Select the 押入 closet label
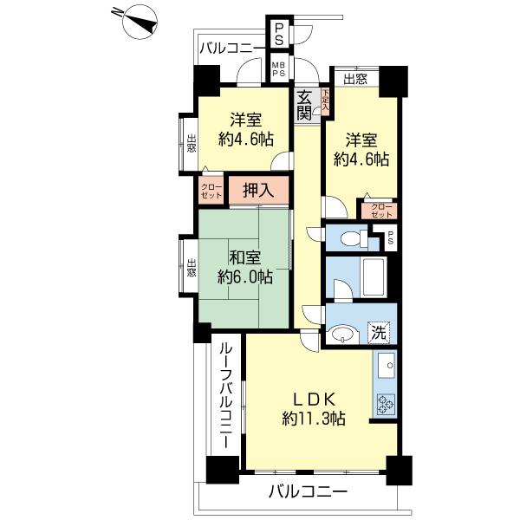(257, 191)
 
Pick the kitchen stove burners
(384, 403)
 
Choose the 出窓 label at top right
(354, 80)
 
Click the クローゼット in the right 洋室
(381, 210)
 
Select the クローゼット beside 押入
(211, 192)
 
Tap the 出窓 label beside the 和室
(191, 269)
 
